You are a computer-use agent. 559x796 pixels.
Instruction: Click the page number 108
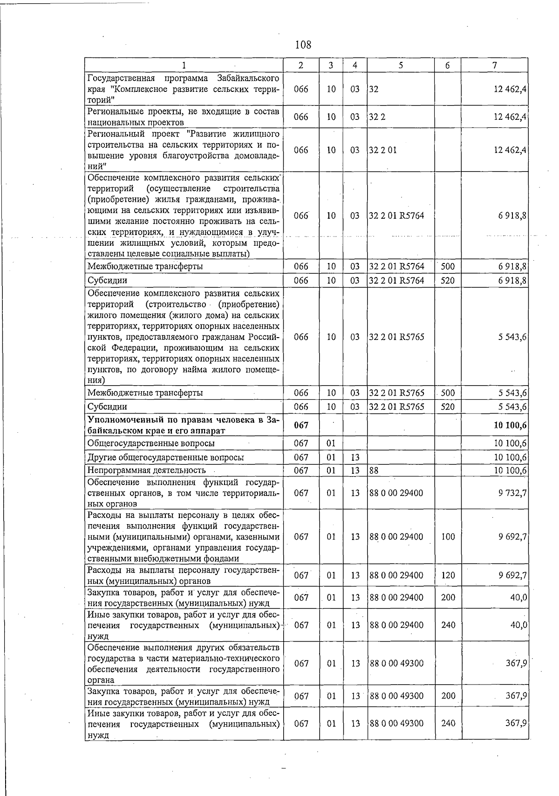[303, 45]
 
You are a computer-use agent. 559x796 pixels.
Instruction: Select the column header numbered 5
[401, 65]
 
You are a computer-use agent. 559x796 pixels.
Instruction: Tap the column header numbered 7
[494, 65]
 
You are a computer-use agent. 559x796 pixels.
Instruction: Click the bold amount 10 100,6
[510, 425]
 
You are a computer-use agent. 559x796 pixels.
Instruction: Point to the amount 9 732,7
[512, 493]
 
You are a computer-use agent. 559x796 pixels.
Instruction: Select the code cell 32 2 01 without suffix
[383, 150]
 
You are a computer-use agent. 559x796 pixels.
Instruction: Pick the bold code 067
[301, 425]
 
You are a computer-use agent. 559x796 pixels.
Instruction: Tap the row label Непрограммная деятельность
[147, 470]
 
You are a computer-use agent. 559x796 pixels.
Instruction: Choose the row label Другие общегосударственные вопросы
[166, 457]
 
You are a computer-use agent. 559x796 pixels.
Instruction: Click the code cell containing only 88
[374, 471]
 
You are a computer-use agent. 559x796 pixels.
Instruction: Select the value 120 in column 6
[448, 575]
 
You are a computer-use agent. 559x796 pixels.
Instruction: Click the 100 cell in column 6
[448, 537]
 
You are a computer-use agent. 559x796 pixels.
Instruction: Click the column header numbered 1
[184, 65]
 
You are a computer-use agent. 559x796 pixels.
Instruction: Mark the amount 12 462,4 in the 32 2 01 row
[510, 150]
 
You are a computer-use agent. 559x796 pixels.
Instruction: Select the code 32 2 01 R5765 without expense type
[396, 337]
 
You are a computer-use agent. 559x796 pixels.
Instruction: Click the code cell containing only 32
[374, 89]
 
